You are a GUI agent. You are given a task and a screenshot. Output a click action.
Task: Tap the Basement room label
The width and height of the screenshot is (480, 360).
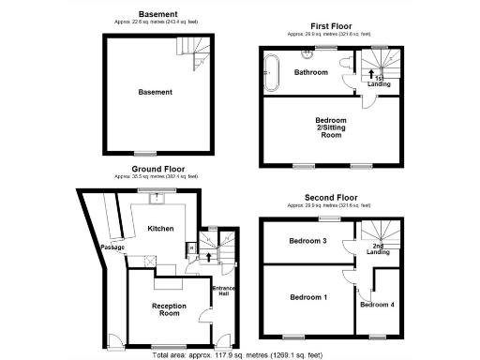156,92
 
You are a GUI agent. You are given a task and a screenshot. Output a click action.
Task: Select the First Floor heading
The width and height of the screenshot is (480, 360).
331,26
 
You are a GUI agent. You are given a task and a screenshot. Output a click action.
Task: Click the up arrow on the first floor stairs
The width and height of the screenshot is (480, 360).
371,73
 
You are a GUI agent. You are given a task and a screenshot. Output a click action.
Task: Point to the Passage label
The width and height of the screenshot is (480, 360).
113,247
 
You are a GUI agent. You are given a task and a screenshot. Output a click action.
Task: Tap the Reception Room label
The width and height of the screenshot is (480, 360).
169,310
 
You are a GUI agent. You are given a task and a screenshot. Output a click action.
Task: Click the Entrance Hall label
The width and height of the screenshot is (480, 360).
223,291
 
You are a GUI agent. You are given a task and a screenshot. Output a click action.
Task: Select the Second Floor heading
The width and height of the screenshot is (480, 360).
331,198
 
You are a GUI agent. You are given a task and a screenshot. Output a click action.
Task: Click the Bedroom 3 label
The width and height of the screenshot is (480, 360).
307,241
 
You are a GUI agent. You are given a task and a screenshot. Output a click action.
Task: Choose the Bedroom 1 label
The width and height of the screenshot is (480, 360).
307,297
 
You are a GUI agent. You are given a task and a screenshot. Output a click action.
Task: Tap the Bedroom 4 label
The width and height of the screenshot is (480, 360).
377,305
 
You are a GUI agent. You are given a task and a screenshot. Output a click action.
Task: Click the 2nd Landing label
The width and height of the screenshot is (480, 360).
378,249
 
